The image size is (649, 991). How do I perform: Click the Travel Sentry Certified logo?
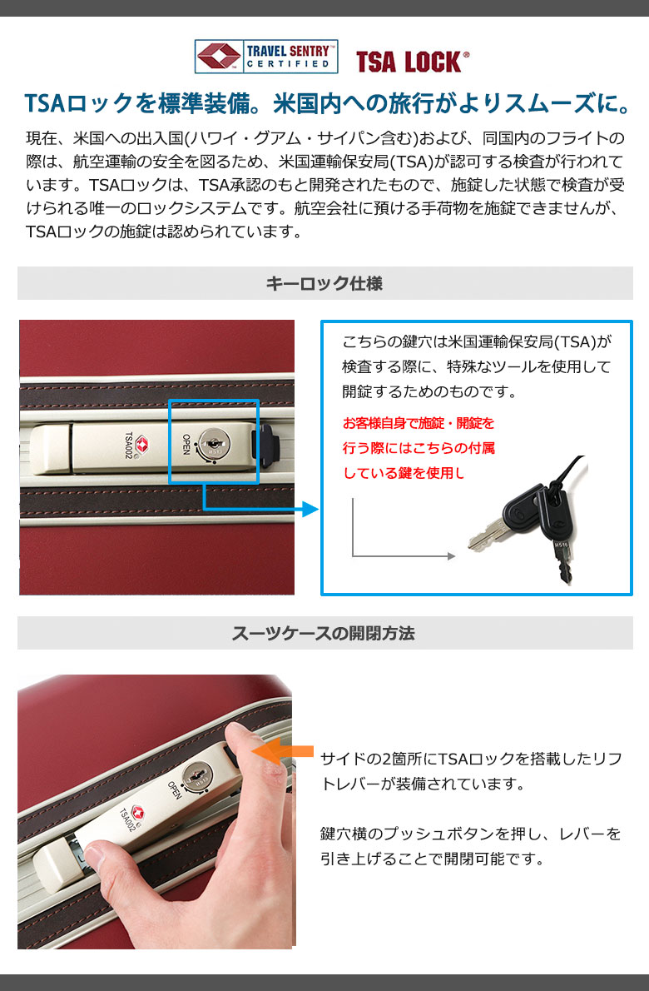pyautogui.click(x=265, y=57)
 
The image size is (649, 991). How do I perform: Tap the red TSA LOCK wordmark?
pyautogui.click(x=412, y=62)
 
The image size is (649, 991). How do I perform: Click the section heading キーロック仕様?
pyautogui.click(x=324, y=283)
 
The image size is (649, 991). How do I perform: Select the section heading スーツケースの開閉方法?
pyautogui.click(x=324, y=633)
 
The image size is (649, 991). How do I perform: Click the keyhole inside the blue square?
pyautogui.click(x=214, y=439)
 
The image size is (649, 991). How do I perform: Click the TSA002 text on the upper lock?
pyautogui.click(x=129, y=446)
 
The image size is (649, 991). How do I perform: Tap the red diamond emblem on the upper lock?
pyautogui.click(x=142, y=444)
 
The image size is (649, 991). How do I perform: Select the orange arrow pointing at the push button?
pyautogui.click(x=283, y=751)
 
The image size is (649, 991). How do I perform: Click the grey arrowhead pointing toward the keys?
pyautogui.click(x=452, y=556)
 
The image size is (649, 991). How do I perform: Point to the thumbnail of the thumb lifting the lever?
pyautogui.click(x=93, y=854)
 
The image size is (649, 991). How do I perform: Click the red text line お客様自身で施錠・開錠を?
pyautogui.click(x=419, y=423)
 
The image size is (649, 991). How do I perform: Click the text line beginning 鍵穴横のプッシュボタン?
pyautogui.click(x=471, y=834)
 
